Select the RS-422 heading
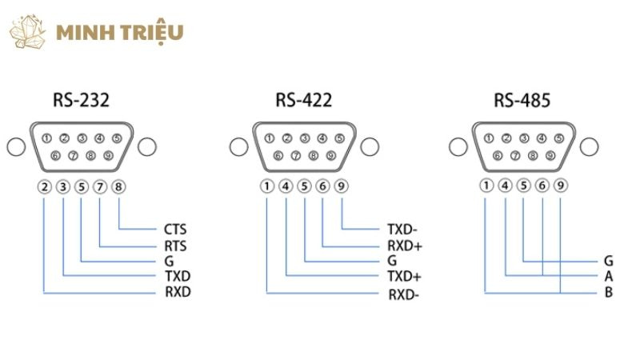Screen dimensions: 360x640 (303, 100)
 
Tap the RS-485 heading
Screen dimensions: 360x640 (522, 100)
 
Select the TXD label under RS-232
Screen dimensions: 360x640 (177, 276)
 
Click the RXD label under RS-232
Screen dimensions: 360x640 (177, 292)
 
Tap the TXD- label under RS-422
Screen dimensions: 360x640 (402, 229)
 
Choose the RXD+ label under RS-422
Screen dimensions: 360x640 (404, 245)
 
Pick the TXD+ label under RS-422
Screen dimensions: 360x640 (404, 276)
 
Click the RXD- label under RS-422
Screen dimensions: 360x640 (404, 294)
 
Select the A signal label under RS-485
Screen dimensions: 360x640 (609, 276)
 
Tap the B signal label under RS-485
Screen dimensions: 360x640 (609, 292)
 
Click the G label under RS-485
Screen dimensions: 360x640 (609, 261)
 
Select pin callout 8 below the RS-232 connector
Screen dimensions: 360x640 (119, 188)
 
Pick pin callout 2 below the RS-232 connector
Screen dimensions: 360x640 (45, 188)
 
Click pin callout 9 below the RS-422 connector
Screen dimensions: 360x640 (342, 188)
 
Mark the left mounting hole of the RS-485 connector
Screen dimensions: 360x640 (456, 147)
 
